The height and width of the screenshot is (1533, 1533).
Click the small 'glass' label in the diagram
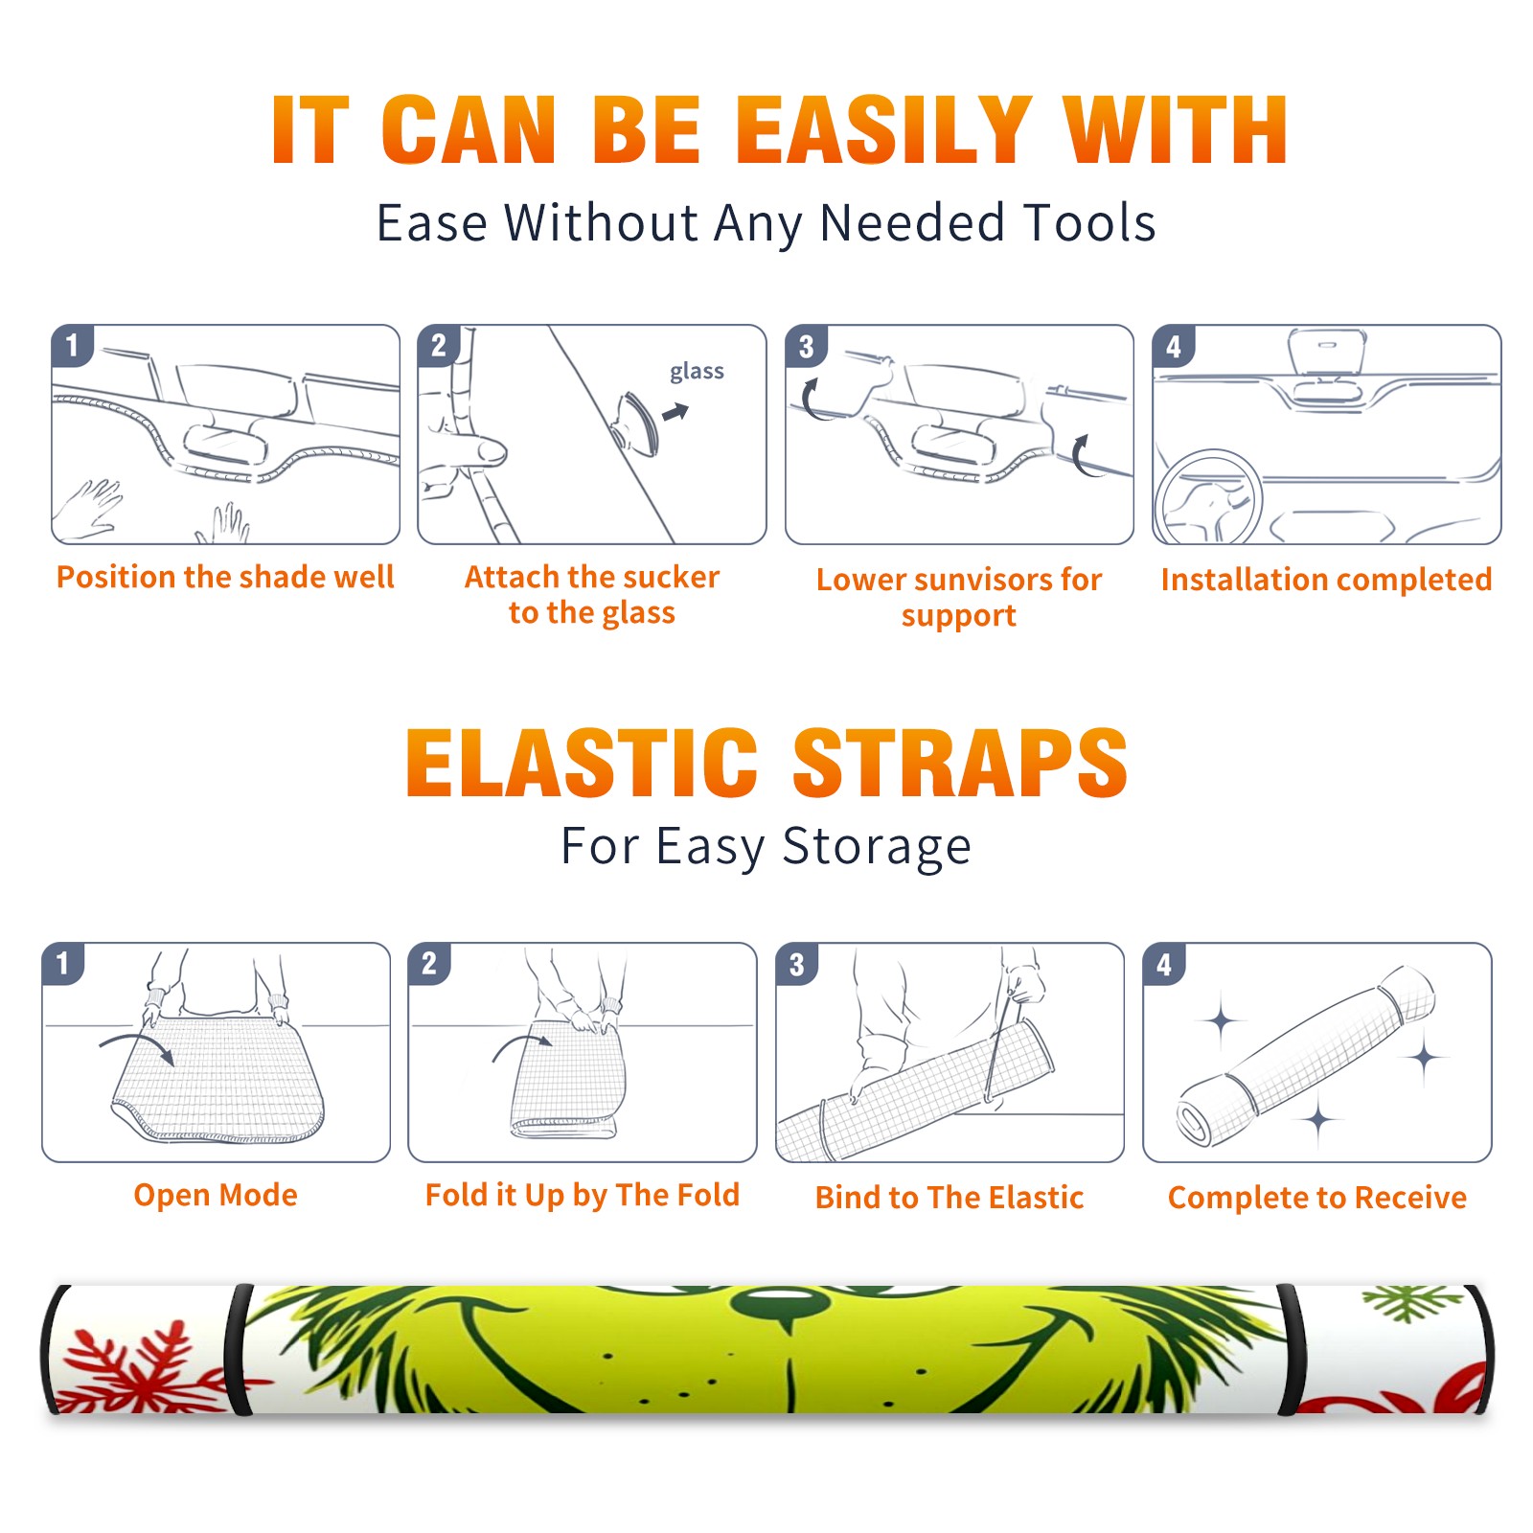pyautogui.click(x=697, y=372)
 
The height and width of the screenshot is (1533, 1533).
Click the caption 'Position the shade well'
pyautogui.click(x=225, y=577)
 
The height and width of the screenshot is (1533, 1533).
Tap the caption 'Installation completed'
pyautogui.click(x=1326, y=580)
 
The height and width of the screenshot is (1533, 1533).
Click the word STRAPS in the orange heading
pyautogui.click(x=960, y=763)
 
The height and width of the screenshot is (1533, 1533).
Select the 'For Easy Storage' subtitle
pyautogui.click(x=766, y=847)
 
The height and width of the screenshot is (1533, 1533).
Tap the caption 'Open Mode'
pyautogui.click(x=216, y=1195)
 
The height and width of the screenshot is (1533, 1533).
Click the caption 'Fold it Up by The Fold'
pyautogui.click(x=583, y=1196)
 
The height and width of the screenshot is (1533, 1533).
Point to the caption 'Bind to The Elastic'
pyautogui.click(x=950, y=1198)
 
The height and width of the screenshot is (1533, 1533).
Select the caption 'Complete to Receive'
pyautogui.click(x=1317, y=1198)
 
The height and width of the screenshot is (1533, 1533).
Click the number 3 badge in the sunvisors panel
pyautogui.click(x=806, y=346)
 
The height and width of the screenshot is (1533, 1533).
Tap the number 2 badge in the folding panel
pyautogui.click(x=429, y=963)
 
